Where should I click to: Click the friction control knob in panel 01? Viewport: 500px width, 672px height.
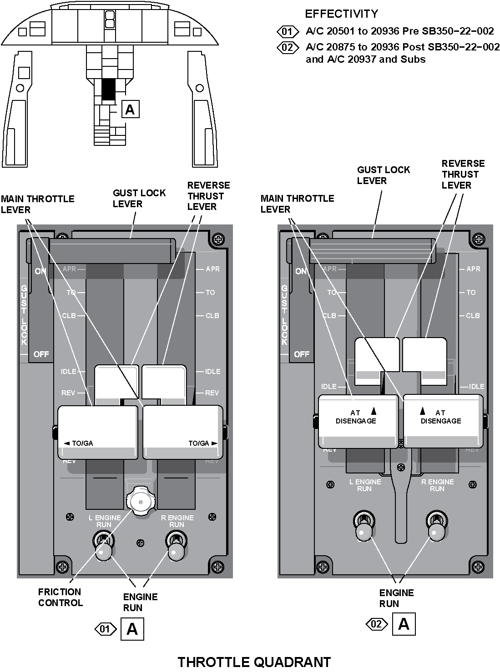coord(140,502)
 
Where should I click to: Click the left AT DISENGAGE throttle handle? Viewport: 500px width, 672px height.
coord(358,421)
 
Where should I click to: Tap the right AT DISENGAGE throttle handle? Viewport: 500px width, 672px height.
coord(443,421)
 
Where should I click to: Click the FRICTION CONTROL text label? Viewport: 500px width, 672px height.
coord(60,597)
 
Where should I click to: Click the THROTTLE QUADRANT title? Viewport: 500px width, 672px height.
coord(254,662)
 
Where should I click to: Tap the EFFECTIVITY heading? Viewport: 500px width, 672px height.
coord(341,14)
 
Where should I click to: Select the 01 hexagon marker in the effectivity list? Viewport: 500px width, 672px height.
coord(288,31)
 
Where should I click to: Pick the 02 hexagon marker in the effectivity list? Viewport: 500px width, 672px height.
coord(288,47)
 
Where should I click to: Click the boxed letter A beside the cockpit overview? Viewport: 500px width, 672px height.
coord(130,110)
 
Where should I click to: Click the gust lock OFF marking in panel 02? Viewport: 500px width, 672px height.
coord(301,354)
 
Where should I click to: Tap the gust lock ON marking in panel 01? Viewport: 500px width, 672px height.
coord(40,271)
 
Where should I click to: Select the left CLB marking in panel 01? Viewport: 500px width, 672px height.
coord(69,316)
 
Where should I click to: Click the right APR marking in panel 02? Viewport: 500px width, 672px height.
coord(473,269)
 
